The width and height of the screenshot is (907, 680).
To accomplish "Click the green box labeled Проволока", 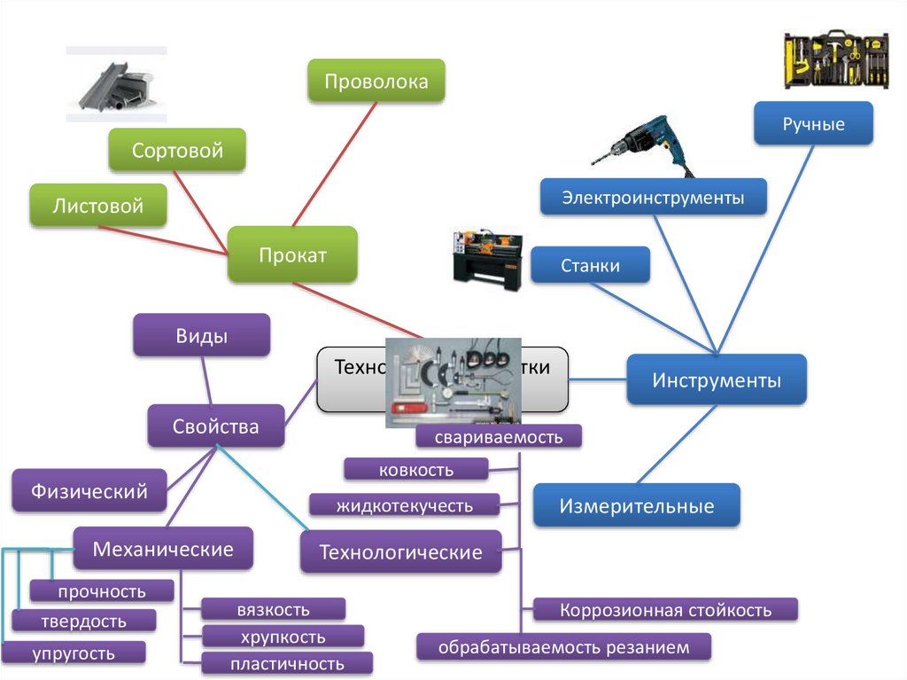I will [x=376, y=82].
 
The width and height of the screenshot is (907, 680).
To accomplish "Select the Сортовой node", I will [x=177, y=151].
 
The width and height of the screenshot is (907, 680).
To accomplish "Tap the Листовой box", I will [x=97, y=207].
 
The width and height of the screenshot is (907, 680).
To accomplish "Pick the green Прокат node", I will [x=292, y=255].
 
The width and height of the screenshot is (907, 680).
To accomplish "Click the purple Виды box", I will [x=201, y=337].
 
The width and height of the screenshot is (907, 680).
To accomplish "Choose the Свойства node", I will [x=216, y=426].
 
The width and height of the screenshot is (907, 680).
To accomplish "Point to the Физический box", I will [x=89, y=490].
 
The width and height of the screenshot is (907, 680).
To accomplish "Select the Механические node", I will [x=163, y=549].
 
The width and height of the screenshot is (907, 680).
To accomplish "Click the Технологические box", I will [x=400, y=552].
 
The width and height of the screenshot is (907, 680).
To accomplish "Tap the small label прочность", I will [x=101, y=591].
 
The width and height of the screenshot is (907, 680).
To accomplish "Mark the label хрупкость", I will [x=283, y=637].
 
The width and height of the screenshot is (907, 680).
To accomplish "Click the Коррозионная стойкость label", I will [x=665, y=610].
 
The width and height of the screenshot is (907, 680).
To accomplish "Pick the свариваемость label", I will [x=499, y=437].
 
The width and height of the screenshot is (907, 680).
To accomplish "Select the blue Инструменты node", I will [x=717, y=380].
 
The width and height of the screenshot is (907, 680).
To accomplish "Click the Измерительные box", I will [x=636, y=506].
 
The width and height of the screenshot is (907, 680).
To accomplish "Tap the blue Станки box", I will [x=591, y=265].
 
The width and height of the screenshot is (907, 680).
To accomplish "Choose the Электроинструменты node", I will [x=654, y=197].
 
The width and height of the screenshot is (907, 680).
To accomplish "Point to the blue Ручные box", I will [x=813, y=124].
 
